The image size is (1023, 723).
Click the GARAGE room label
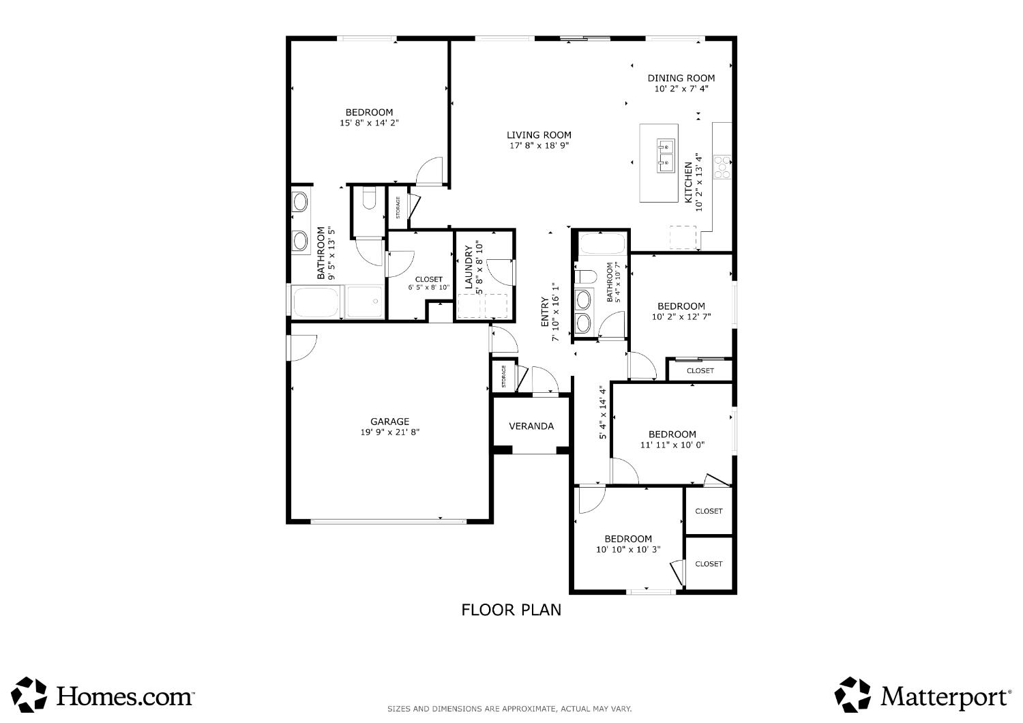click(389, 422)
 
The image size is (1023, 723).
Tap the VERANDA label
click(531, 426)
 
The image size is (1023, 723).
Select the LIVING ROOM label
click(539, 135)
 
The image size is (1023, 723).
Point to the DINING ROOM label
click(681, 78)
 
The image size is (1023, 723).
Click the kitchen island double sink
click(666, 156)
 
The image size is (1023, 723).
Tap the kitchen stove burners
click(722, 167)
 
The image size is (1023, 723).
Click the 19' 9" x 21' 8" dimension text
click(389, 432)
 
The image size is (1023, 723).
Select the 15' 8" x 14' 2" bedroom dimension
click(369, 123)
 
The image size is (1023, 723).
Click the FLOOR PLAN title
click(511, 610)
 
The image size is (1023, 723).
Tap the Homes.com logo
click(103, 695)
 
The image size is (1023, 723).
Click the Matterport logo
click(923, 695)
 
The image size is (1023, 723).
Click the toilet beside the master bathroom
click(369, 198)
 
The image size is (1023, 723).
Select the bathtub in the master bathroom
click(316, 302)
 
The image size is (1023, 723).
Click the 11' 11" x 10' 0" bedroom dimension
click(672, 445)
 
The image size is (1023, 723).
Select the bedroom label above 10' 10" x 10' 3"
click(628, 539)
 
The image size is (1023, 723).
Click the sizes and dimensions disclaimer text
click(509, 709)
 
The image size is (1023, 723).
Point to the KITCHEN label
click(688, 182)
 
